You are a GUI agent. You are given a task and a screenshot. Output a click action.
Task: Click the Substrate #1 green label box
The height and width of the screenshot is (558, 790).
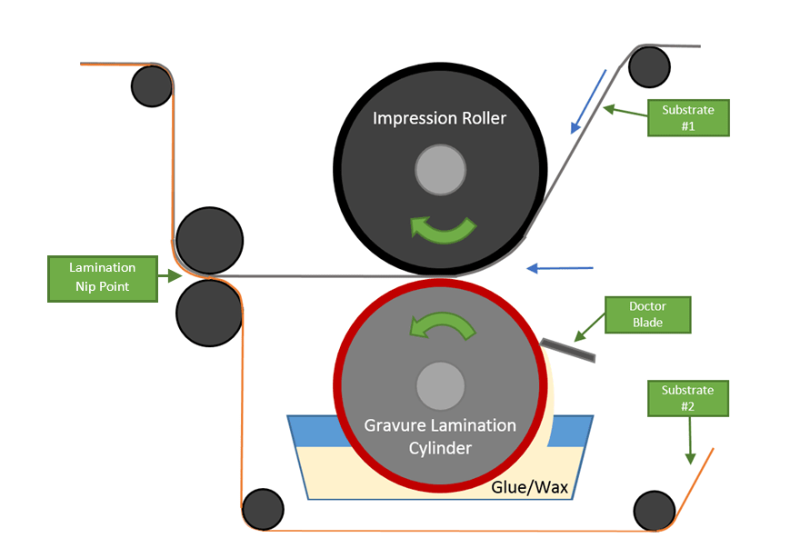688,118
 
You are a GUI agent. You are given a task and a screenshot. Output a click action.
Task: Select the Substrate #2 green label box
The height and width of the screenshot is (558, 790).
688,398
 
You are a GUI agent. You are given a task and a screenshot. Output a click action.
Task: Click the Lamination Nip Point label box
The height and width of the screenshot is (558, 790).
102,278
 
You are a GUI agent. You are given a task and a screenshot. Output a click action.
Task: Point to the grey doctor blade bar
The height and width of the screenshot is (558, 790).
567,348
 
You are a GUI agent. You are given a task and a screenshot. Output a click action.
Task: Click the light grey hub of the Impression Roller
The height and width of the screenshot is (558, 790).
440,171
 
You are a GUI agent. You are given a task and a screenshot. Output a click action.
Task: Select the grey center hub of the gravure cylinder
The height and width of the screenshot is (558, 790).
440,385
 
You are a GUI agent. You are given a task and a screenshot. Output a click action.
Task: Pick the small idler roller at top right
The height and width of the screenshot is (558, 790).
649,66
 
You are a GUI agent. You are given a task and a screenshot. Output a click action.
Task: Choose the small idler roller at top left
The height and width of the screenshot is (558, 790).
152,86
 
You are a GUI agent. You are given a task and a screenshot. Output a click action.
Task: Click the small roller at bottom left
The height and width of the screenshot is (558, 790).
264,509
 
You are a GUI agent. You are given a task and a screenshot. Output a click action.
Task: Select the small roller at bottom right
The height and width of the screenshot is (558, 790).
655,511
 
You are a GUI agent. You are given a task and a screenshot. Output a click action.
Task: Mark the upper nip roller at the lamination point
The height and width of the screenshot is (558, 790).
209,241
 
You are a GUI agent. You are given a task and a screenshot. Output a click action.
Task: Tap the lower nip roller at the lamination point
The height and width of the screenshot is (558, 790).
209,313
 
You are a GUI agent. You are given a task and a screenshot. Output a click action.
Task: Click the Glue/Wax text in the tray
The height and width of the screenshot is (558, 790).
529,487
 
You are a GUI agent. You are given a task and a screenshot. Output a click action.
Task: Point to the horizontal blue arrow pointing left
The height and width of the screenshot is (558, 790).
560,268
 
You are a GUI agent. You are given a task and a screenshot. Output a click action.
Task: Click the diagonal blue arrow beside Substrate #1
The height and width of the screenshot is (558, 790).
588,100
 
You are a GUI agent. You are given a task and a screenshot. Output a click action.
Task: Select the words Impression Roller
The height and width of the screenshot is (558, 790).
439,118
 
